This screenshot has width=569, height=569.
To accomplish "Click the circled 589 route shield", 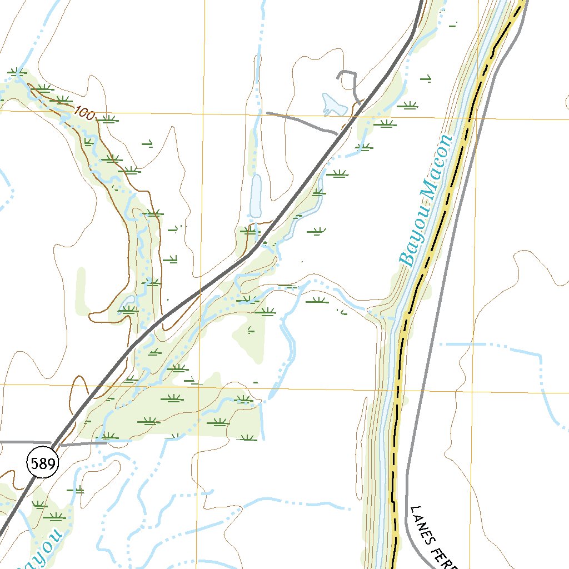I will point(42,463).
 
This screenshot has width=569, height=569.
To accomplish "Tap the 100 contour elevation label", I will point(84,114).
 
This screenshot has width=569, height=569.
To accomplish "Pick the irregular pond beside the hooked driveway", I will point(332,104).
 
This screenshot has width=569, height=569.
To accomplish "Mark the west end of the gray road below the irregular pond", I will point(268,113).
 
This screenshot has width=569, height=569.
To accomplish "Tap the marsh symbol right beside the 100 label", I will point(108,118).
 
